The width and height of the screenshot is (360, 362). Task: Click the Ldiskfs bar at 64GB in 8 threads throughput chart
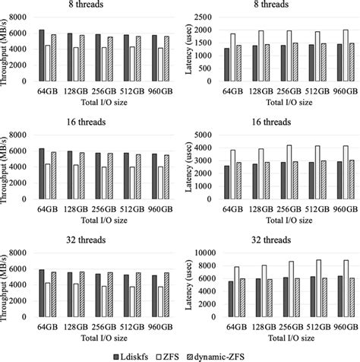tap(43, 56)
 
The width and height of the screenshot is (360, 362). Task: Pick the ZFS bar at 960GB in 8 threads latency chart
tap(346, 56)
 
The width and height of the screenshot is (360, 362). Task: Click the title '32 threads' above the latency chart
tap(272, 242)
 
